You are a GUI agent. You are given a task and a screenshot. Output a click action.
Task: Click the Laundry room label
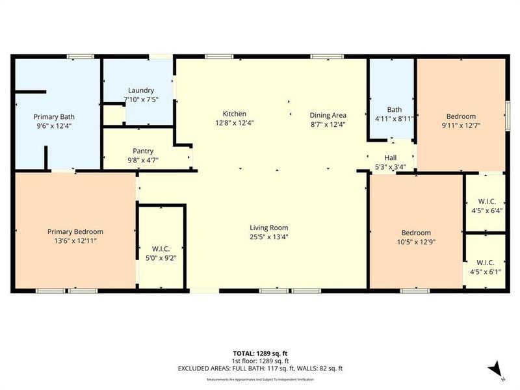141,90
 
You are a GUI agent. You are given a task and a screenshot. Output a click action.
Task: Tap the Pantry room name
142,150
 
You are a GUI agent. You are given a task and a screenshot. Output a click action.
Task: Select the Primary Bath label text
52,117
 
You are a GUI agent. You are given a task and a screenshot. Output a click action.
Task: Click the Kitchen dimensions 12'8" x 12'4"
234,123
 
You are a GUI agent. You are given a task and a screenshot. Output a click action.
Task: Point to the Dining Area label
328,114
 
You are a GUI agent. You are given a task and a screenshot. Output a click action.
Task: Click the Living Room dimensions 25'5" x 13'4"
269,237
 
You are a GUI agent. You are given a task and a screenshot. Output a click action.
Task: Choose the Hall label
390,158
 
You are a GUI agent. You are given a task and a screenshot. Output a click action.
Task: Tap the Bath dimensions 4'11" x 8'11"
395,118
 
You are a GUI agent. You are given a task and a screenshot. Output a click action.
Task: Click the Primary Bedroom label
75,231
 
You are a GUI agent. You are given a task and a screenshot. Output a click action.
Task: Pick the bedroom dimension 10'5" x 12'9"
416,242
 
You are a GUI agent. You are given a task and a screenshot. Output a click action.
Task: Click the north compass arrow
495,367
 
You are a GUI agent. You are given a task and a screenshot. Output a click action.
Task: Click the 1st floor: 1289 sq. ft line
260,361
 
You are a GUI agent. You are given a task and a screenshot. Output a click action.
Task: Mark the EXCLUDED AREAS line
260,369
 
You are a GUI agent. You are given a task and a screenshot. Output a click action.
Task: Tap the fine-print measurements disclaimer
260,379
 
